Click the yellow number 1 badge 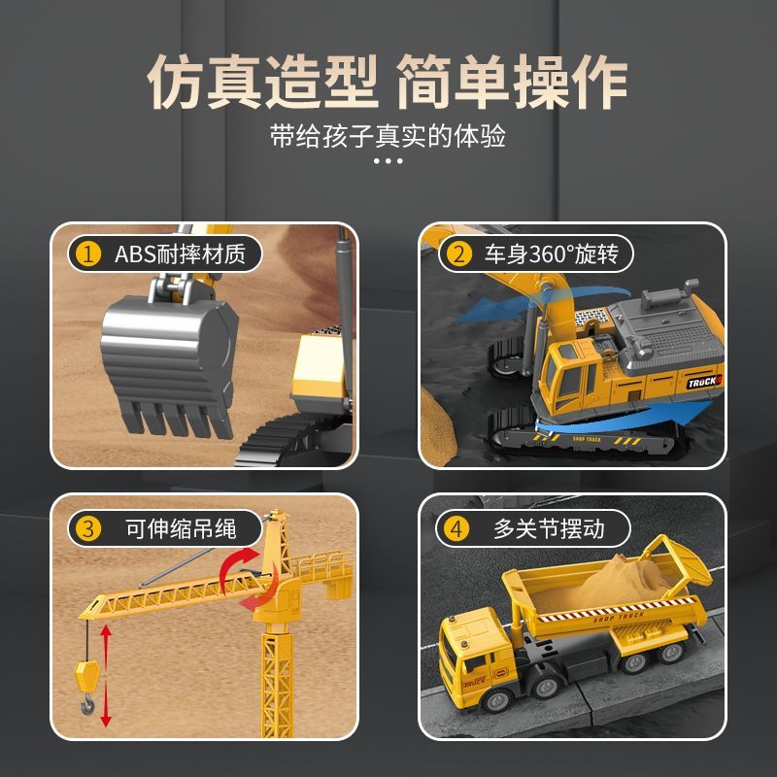(88, 254)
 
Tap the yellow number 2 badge (458, 254)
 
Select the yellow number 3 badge (88, 528)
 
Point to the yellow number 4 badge (456, 528)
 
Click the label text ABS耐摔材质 (180, 254)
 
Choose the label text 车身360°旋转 (552, 254)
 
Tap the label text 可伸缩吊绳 (181, 528)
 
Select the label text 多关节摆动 (549, 528)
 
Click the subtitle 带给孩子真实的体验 (388, 136)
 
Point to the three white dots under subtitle (388, 160)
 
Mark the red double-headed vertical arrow (106, 675)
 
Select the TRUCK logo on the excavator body (704, 382)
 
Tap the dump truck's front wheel (494, 700)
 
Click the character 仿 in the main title (176, 81)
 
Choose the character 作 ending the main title (600, 81)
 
